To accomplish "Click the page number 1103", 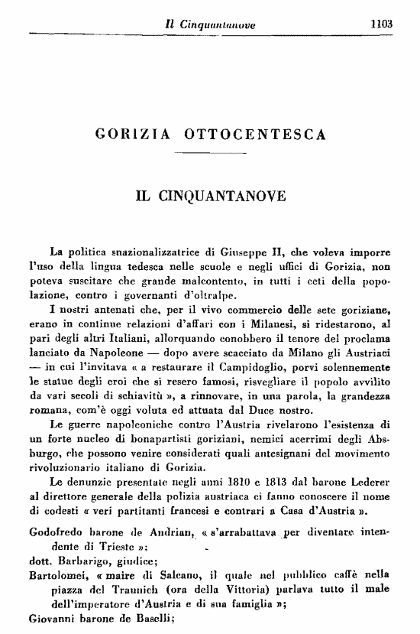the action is pos(380,23).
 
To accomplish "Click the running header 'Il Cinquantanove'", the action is pos(210,24).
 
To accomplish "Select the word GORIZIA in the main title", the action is pos(134,135).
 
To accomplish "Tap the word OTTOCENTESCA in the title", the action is pos(255,135).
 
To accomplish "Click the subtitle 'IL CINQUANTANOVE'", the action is pos(210,196).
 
